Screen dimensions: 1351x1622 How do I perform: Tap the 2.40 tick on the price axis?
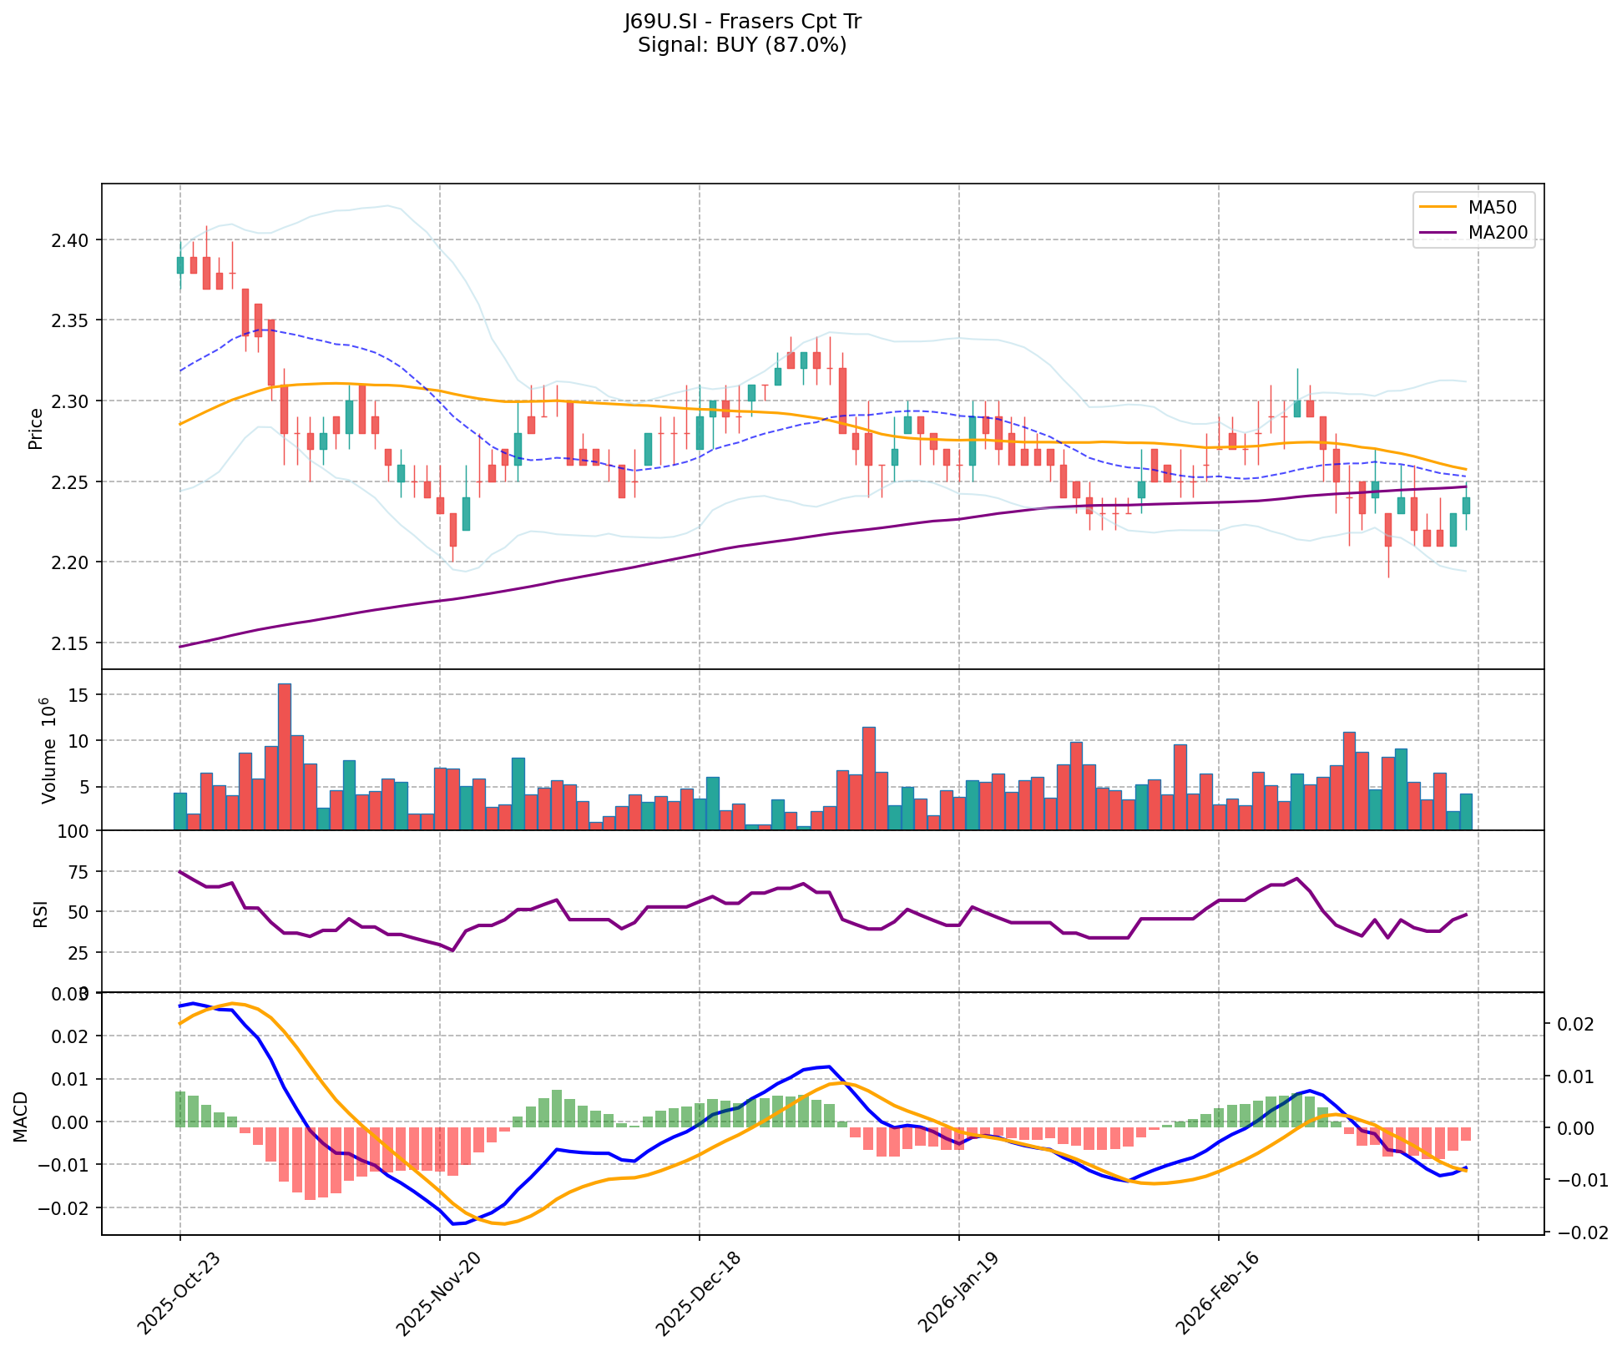pos(73,240)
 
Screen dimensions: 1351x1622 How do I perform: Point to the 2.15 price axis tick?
pos(73,643)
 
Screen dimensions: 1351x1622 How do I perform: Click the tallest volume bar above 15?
pos(285,756)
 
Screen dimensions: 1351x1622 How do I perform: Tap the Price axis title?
pos(36,429)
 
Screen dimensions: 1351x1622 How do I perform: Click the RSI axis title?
pos(40,913)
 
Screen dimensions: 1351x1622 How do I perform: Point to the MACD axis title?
pos(20,1117)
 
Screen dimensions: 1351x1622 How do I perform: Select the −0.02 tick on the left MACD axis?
pos(66,1207)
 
